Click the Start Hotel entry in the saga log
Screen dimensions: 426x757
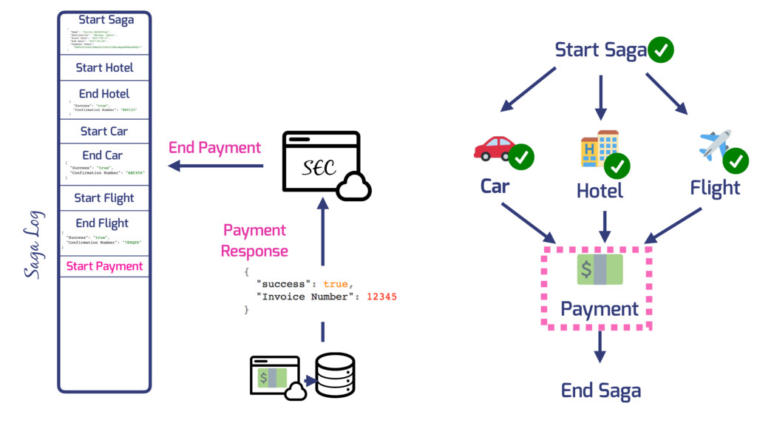pos(104,68)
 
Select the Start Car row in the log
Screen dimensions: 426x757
pos(104,132)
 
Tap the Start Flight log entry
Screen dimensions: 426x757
pos(104,198)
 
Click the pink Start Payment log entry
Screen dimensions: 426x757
pos(104,266)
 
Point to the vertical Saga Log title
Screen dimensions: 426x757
pos(34,245)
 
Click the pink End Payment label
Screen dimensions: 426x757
pos(214,148)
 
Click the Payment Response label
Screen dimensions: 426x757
pos(255,241)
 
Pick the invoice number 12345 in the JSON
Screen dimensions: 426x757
pos(382,297)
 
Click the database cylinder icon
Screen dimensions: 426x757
pos(335,374)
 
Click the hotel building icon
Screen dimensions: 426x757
pos(599,148)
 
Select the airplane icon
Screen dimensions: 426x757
pos(714,145)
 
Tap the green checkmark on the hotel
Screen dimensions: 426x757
pos(617,166)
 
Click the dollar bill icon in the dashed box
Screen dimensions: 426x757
pos(600,269)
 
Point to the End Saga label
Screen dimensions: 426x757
pos(600,390)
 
